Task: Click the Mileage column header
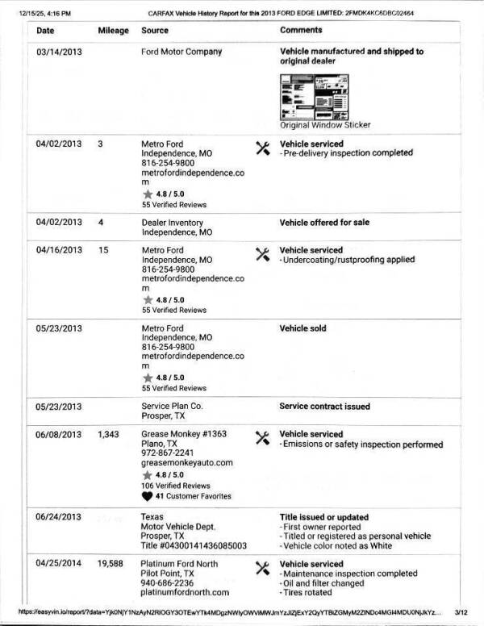pos(113,30)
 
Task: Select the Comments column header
pos(301,30)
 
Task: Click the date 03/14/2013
pos(59,52)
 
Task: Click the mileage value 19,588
pos(110,564)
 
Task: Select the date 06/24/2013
pos(59,516)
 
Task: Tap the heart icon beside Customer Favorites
pos(147,496)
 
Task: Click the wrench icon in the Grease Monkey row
pos(262,438)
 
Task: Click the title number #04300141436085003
pos(194,545)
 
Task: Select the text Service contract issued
pos(325,407)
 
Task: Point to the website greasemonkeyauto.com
pos(186,463)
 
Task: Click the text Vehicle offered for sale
pos(325,223)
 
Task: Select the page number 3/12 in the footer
pos(462,614)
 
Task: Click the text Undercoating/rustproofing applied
pos(349,260)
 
